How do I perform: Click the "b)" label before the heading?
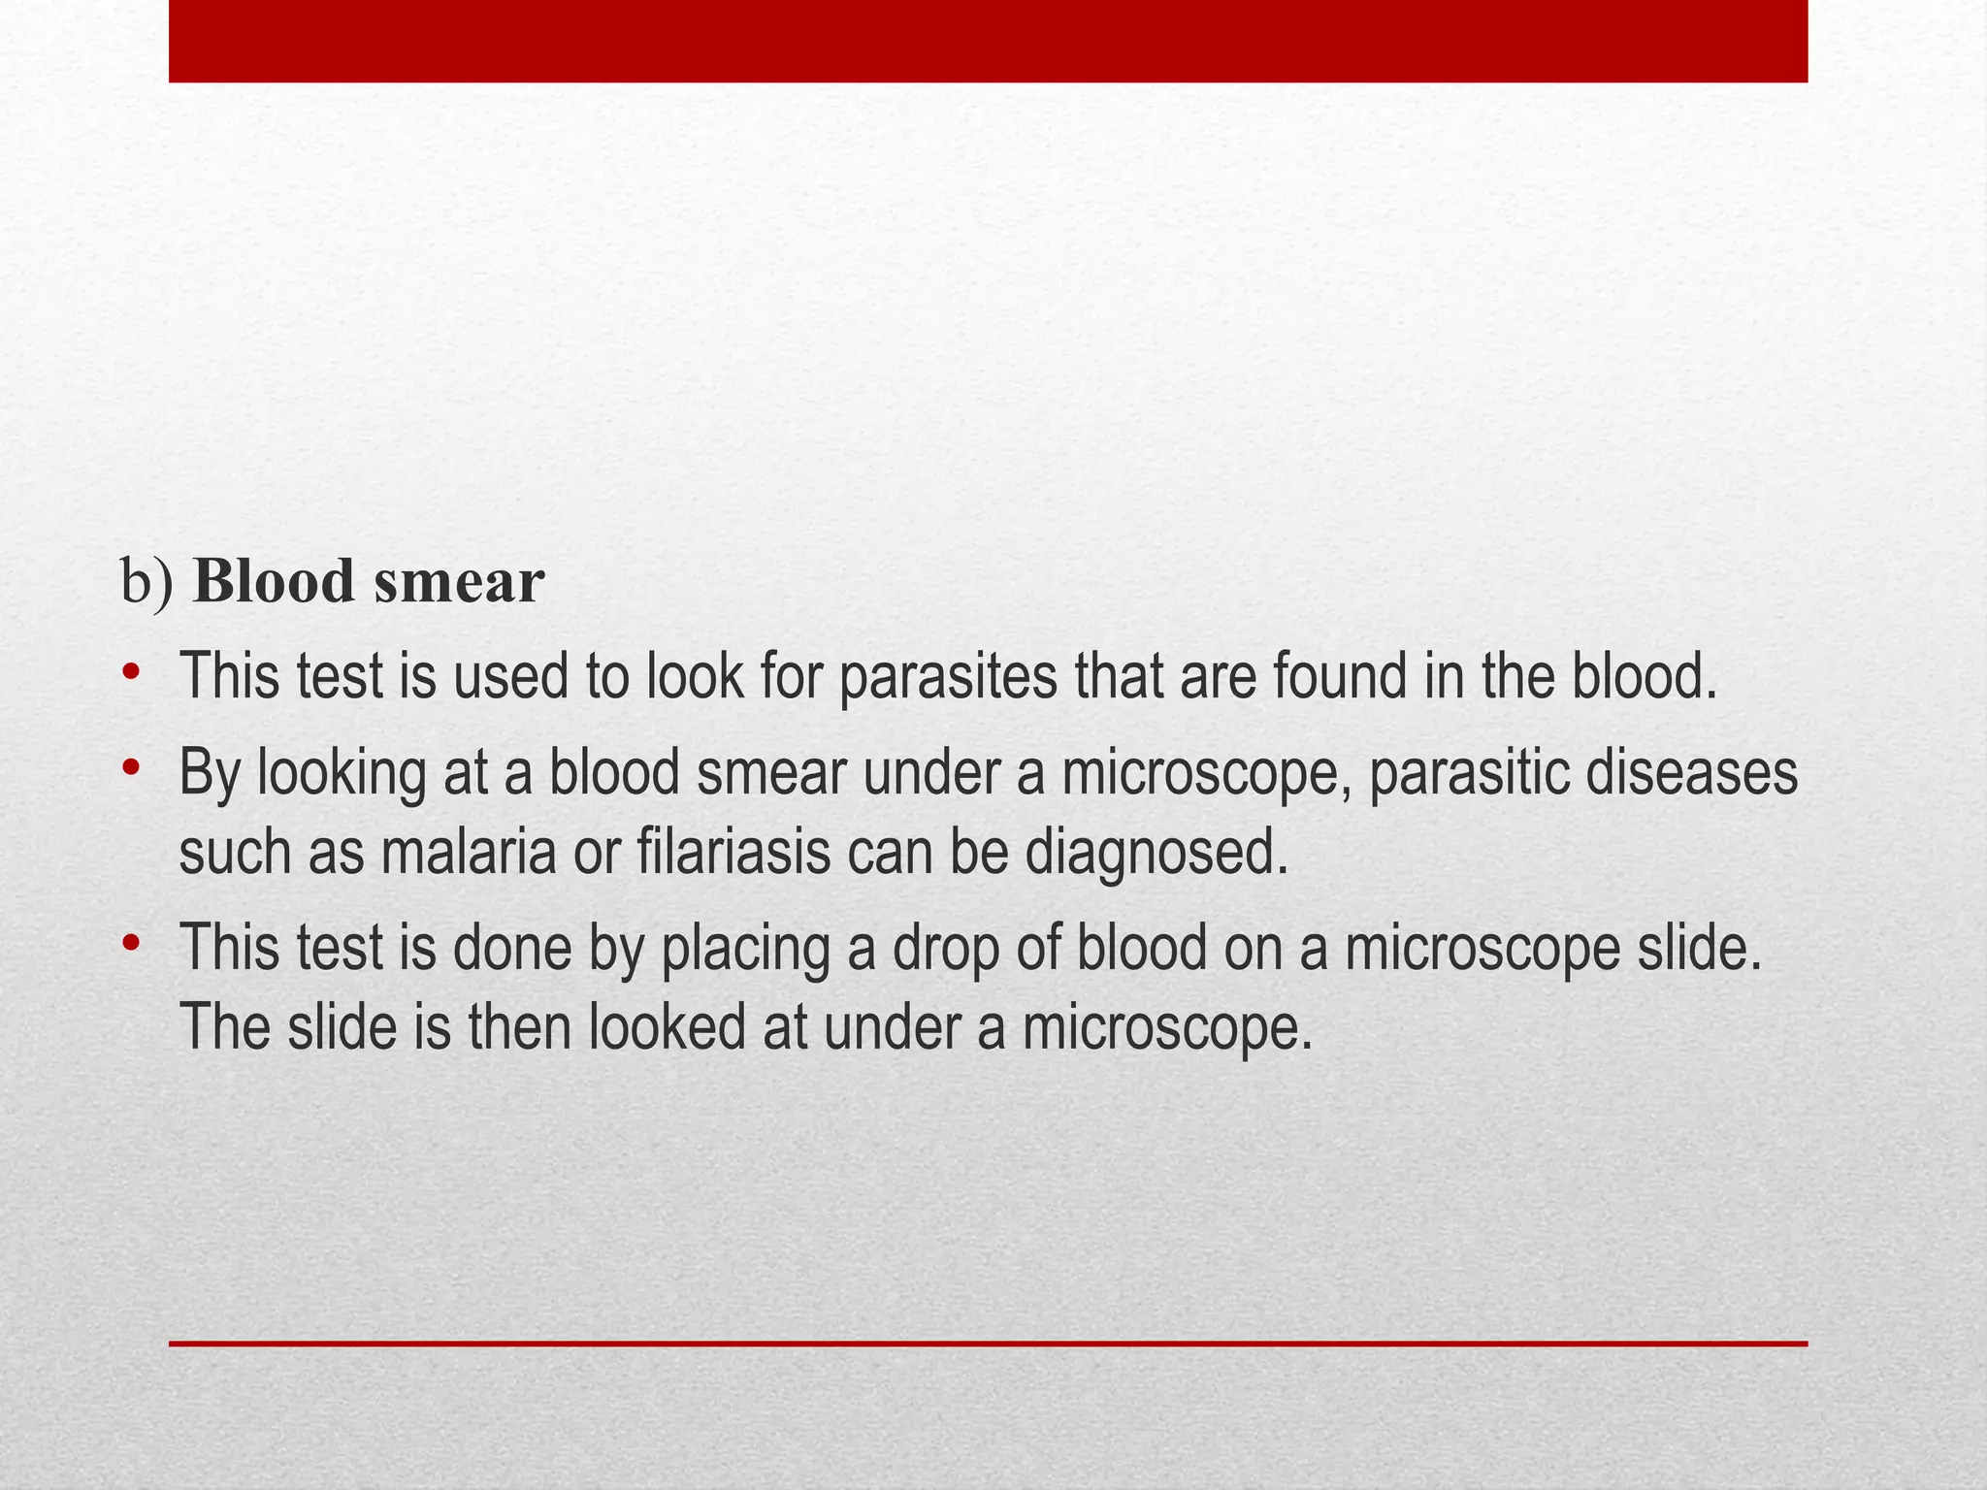[147, 582]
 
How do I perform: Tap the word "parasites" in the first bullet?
[947, 677]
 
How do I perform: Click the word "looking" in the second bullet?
[342, 775]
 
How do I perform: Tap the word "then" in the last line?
[522, 1026]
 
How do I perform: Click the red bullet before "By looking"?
[132, 769]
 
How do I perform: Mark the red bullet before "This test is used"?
[132, 671]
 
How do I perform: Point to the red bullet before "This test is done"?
[132, 943]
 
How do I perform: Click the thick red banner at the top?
[988, 41]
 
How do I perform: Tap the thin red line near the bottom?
[988, 1344]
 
